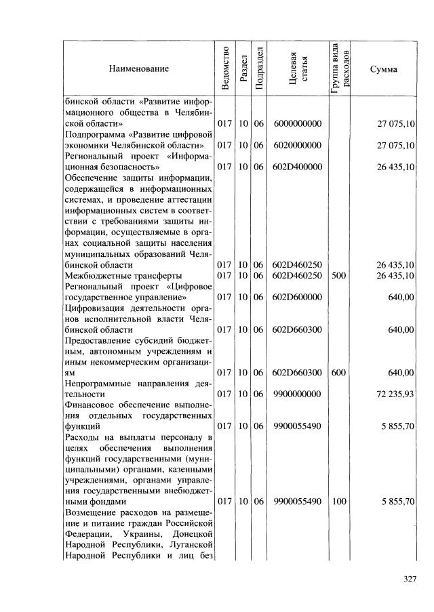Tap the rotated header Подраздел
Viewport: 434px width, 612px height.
258,68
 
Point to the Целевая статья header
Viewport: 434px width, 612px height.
299,68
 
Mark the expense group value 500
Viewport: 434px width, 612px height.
339,275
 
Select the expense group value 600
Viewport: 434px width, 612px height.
339,373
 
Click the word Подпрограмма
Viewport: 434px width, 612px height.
93,134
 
